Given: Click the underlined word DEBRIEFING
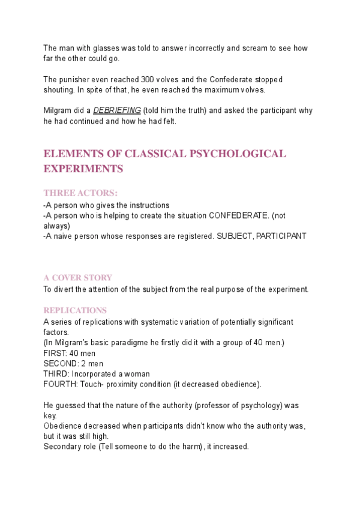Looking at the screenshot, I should pos(117,111).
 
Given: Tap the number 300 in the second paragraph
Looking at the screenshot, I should pos(148,80).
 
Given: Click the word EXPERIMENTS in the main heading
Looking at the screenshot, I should pos(83,169).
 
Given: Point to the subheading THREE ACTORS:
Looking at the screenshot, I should pos(81,193).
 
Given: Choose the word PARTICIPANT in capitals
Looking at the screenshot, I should pos(281,236).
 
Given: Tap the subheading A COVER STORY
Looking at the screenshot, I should pos(78,278).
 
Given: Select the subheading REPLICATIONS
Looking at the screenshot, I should pos(76,310).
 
